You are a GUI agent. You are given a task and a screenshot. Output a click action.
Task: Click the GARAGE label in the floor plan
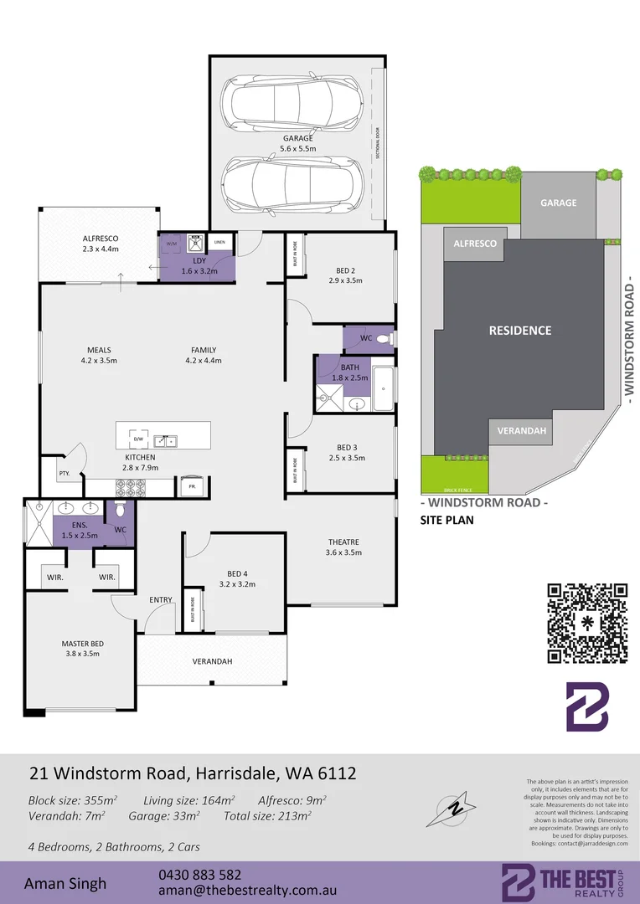[x=297, y=138]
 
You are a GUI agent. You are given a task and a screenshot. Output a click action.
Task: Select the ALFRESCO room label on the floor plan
[x=101, y=238]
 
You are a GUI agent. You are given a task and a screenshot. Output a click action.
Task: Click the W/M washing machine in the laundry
[x=173, y=244]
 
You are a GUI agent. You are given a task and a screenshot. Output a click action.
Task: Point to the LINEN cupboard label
[x=219, y=242]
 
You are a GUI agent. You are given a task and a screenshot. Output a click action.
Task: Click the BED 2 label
[x=346, y=270]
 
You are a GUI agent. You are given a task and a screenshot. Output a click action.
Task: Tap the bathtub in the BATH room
[x=382, y=388]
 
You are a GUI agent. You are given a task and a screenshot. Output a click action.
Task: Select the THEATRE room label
[x=343, y=542]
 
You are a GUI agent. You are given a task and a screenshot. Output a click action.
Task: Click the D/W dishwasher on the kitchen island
[x=138, y=438]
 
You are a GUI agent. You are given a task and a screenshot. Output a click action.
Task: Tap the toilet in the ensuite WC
[x=119, y=510]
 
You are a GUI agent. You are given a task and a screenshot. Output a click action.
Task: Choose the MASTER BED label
[x=80, y=643]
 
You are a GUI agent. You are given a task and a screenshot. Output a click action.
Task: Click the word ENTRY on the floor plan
[x=161, y=599]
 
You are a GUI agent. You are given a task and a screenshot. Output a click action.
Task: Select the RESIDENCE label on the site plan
[x=520, y=331]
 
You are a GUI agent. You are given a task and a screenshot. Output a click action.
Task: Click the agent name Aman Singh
[x=65, y=883]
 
